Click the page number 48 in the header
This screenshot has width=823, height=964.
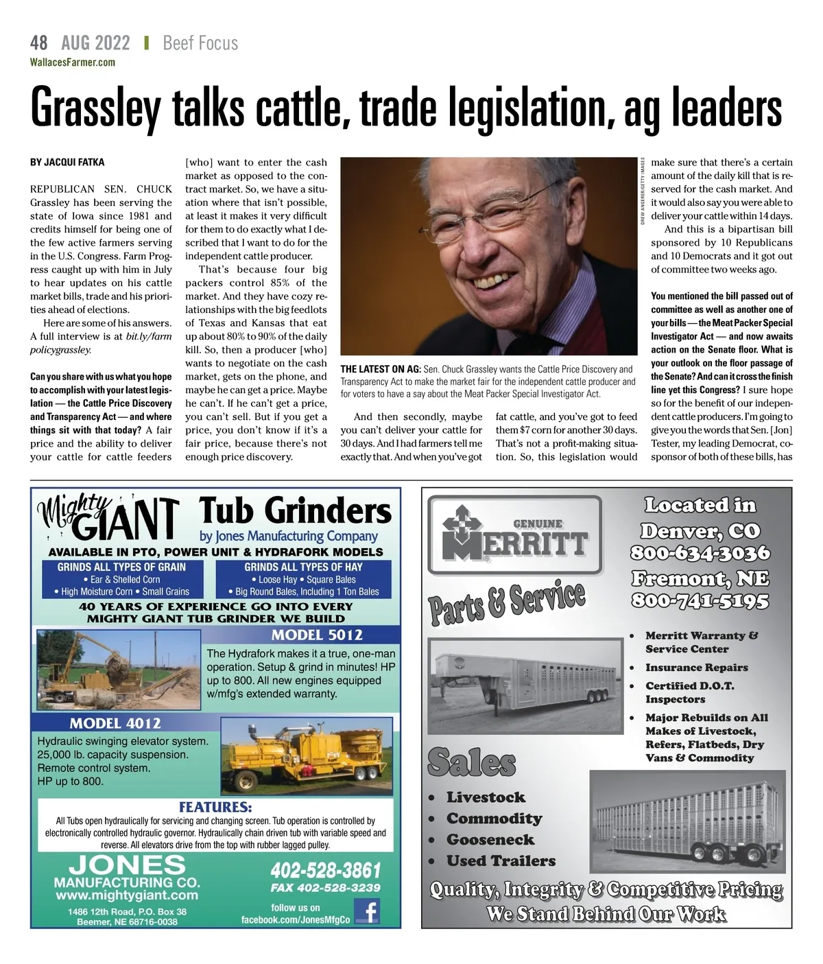point(39,43)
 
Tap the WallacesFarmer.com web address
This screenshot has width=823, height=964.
point(73,62)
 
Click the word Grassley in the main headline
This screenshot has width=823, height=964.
point(95,108)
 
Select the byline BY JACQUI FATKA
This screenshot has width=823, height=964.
point(67,163)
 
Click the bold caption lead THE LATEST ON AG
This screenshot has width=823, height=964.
point(380,369)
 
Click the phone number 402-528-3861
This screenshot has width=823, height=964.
point(326,871)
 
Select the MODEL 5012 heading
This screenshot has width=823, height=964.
point(317,635)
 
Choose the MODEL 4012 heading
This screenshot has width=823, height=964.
point(115,723)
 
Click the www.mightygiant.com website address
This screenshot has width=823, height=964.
point(127,895)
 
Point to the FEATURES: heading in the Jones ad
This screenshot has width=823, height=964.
point(215,807)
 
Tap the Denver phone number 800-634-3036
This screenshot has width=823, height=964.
point(700,553)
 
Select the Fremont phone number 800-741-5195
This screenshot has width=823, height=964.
point(700,601)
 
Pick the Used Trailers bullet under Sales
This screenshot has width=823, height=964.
point(501,860)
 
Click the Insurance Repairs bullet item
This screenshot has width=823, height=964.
point(696,668)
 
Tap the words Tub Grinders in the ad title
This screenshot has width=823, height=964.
point(295,511)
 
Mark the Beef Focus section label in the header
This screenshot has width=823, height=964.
point(200,43)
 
